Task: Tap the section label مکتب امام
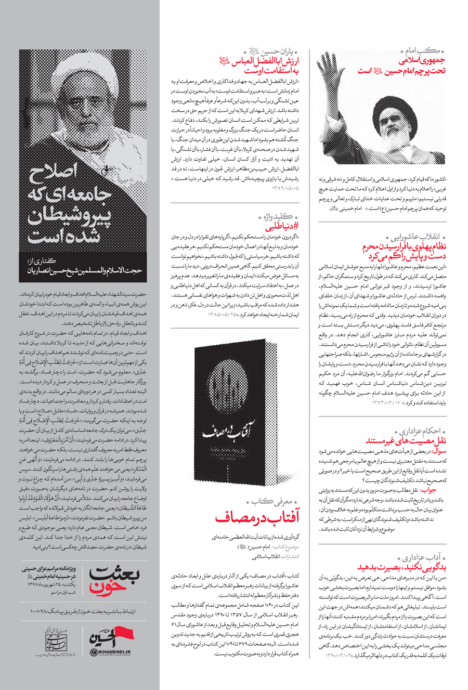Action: [424, 51]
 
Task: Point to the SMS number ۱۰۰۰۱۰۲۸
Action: [40, 609]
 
